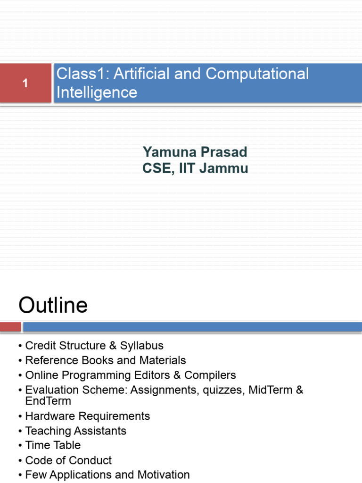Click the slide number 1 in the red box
tap(25, 83)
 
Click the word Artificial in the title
tap(148, 74)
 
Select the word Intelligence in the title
tap(97, 92)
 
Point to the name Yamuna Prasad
tap(195, 152)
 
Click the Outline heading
tap(53, 306)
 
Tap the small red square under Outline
tap(10, 327)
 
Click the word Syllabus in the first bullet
tap(141, 346)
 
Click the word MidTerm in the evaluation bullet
tap(272, 390)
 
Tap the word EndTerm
tap(48, 401)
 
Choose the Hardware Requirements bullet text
tap(88, 416)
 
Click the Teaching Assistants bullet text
tap(75, 431)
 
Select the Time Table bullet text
tap(53, 445)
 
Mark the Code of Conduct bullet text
tap(68, 460)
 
